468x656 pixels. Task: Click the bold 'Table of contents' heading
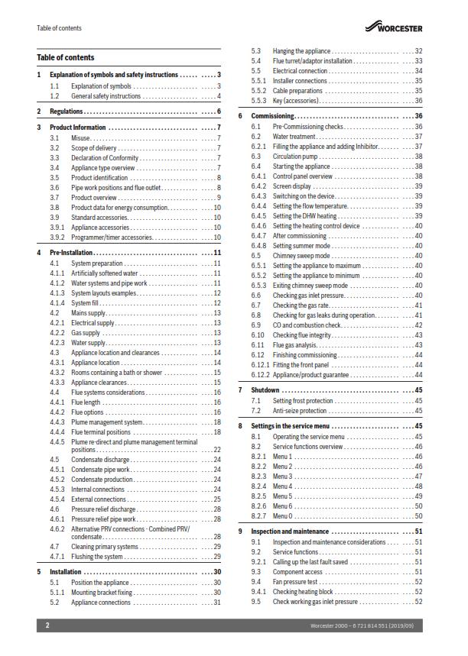click(66, 57)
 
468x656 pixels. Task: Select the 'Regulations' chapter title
click(68, 111)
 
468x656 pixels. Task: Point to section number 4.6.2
click(57, 528)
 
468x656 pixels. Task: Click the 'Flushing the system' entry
click(101, 557)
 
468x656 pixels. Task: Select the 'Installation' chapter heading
click(66, 571)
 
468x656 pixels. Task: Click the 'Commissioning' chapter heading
click(273, 116)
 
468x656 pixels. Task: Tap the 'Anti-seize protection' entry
click(301, 411)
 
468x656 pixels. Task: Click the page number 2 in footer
click(47, 625)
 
